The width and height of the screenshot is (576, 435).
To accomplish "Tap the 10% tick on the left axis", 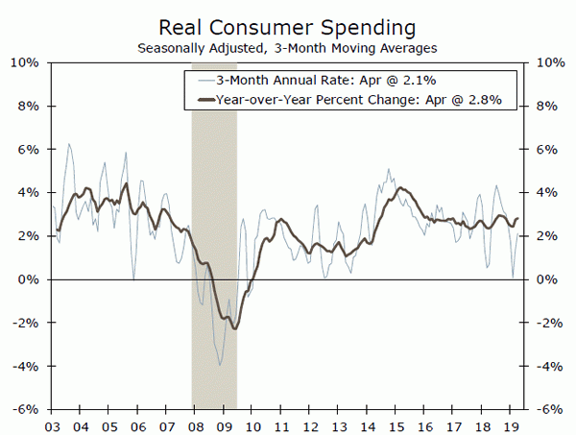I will [24, 62].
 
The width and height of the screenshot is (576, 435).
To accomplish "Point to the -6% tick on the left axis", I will [24, 409].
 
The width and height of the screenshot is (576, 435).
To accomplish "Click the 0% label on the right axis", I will [544, 279].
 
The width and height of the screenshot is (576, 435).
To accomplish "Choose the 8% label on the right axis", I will [544, 106].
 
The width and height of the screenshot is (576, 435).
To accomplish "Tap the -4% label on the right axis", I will [544, 366].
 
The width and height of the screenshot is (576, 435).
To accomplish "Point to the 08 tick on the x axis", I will [195, 423].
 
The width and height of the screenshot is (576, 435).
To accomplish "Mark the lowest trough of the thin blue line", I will [220, 365].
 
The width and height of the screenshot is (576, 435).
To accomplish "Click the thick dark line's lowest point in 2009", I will [234, 328].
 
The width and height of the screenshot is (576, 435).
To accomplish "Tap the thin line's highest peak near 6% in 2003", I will [68, 144].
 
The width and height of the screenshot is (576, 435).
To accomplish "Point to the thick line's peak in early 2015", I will [398, 188].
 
